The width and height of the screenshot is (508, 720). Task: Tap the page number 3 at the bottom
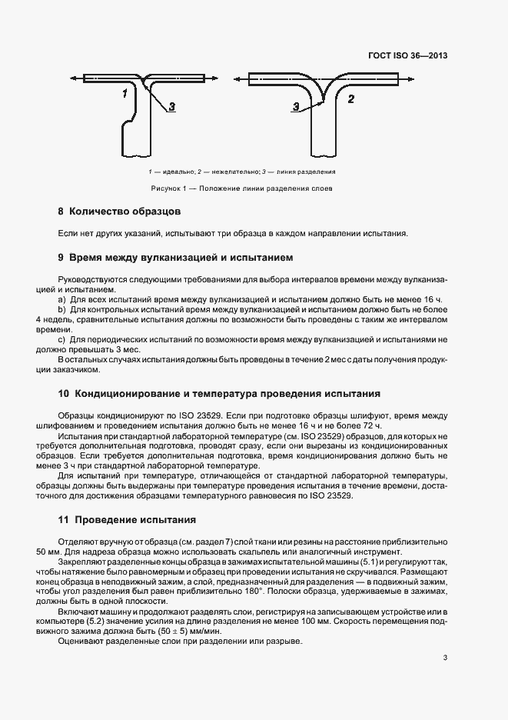446,658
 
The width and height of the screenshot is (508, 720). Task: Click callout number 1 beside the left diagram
124,93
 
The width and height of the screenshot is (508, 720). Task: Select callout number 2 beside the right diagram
351,98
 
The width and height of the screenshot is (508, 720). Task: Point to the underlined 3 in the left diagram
171,108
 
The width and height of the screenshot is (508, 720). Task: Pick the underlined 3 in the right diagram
296,108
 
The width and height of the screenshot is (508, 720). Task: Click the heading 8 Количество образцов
119,211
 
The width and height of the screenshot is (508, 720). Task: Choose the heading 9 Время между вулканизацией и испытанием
176,257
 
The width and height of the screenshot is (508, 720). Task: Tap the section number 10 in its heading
64,394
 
